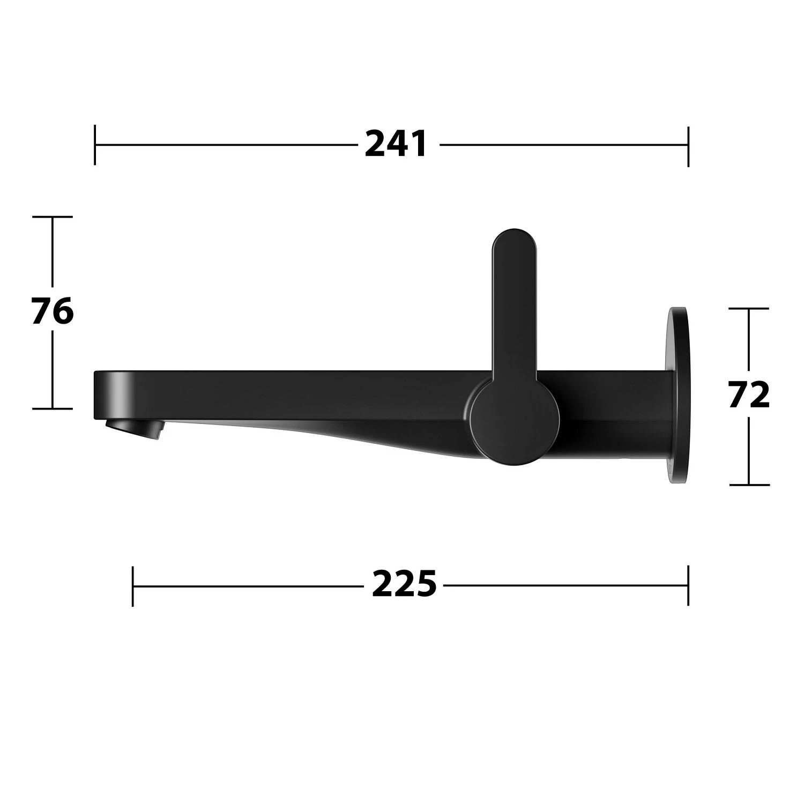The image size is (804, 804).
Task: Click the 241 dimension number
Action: click(x=396, y=144)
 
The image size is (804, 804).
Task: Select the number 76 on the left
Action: click(x=52, y=312)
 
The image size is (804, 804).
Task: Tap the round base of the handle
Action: click(x=514, y=419)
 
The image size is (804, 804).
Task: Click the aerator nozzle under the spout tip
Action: click(x=135, y=430)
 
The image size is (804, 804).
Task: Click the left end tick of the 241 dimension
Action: click(x=95, y=145)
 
